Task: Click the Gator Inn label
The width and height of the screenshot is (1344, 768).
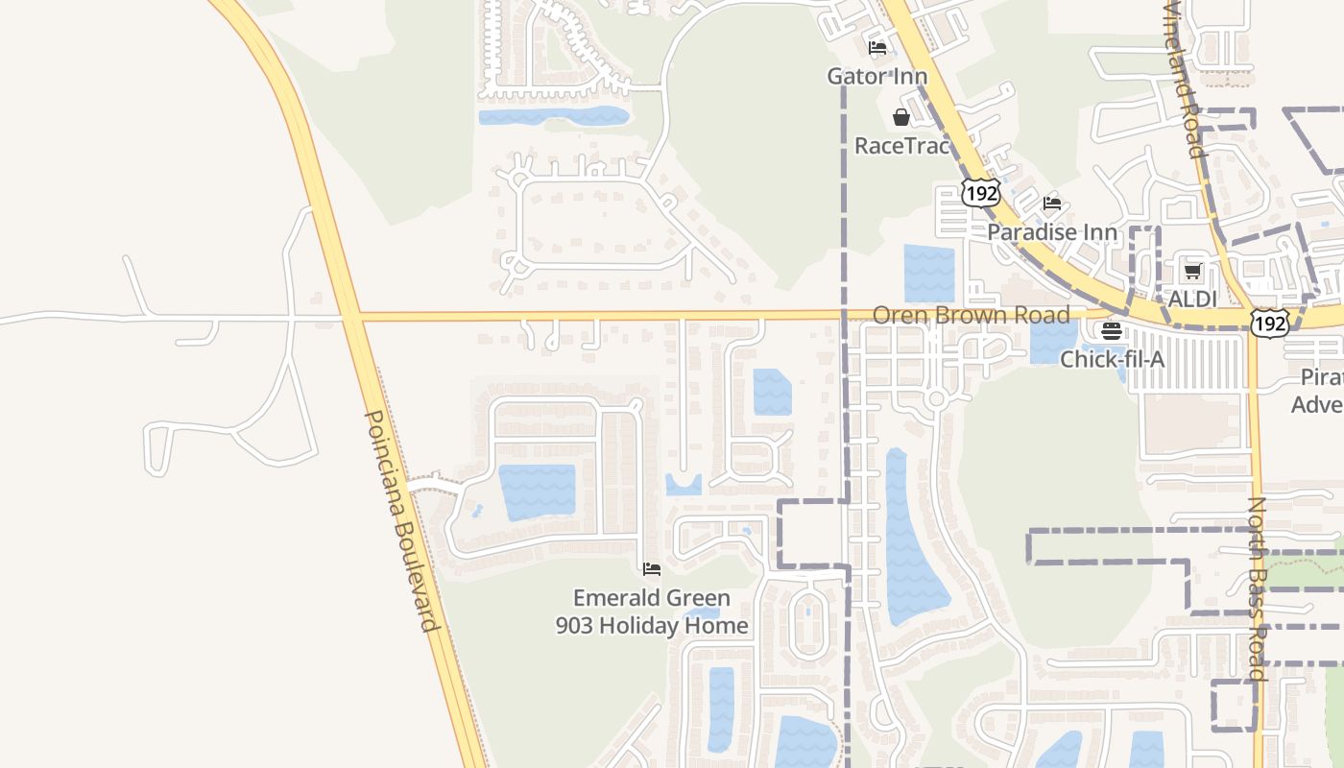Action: (x=877, y=76)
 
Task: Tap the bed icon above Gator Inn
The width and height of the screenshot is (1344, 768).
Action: (x=876, y=48)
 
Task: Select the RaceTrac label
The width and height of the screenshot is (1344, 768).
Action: (x=901, y=146)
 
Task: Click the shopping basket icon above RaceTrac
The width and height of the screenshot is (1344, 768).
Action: (x=901, y=118)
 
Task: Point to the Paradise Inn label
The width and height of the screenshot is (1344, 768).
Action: (x=1052, y=232)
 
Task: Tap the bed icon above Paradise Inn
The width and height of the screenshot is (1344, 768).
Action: (x=1052, y=204)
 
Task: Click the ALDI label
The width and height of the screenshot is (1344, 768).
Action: (x=1192, y=299)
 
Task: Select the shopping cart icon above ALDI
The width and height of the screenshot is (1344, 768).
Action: (x=1192, y=272)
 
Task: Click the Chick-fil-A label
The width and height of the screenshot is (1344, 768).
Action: (x=1112, y=359)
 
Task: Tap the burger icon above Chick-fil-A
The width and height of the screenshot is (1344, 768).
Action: (x=1112, y=331)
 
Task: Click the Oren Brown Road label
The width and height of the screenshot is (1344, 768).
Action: (x=971, y=315)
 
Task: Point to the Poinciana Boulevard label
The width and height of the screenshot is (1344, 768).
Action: (x=402, y=521)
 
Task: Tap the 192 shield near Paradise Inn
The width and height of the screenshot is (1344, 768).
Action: (x=982, y=193)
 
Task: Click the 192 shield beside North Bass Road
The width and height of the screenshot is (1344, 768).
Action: (x=1269, y=324)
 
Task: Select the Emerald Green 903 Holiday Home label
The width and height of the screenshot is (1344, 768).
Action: (x=652, y=612)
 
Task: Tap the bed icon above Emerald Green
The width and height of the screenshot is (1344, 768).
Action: (x=652, y=569)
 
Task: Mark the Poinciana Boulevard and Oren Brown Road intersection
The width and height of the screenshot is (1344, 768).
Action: (x=351, y=315)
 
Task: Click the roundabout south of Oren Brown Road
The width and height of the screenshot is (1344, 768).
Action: (x=937, y=398)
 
